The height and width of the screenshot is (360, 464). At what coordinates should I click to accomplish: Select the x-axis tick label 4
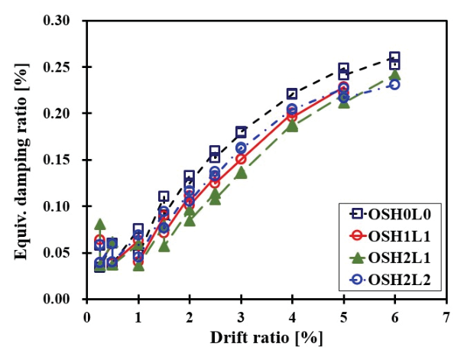292,315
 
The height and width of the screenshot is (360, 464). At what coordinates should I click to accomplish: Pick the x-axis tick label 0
87,315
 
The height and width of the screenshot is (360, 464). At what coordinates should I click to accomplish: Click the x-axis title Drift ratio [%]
266,337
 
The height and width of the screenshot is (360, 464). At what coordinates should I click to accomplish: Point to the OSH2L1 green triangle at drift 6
394,75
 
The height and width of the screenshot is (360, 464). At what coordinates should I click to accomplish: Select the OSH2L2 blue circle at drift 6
394,84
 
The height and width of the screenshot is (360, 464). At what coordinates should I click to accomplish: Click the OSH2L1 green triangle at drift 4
292,125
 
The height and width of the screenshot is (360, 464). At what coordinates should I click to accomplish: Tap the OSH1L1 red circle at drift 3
241,159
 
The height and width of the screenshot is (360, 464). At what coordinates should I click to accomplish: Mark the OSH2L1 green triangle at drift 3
241,173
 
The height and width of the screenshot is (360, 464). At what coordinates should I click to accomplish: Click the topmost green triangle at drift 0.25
100,224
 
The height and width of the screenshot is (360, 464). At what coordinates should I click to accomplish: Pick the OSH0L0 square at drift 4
292,94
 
